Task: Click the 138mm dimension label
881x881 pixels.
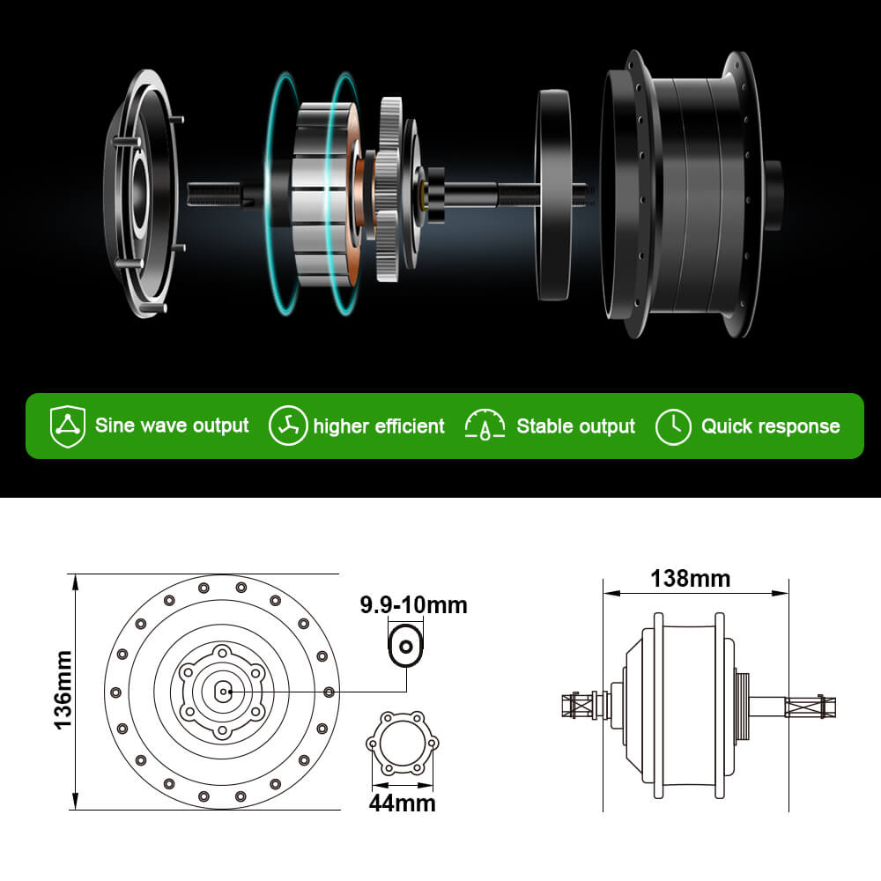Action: click(x=690, y=579)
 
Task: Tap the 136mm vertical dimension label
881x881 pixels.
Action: click(x=62, y=690)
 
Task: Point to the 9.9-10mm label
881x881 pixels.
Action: click(x=413, y=605)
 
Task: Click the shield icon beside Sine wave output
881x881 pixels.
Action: click(x=67, y=426)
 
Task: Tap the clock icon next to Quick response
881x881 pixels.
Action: click(x=673, y=426)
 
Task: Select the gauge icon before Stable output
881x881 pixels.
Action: click(x=485, y=426)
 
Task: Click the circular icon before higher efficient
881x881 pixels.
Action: click(x=288, y=426)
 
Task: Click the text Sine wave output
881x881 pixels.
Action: click(x=172, y=426)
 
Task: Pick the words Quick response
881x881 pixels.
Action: click(x=770, y=426)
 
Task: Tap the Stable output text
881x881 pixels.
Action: click(x=575, y=426)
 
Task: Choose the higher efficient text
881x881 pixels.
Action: click(x=379, y=426)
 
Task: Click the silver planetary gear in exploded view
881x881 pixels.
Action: click(x=390, y=189)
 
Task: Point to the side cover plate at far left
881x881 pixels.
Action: click(x=141, y=194)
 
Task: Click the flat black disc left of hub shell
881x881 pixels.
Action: click(x=552, y=194)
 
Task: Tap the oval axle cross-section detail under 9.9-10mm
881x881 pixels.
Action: click(x=406, y=647)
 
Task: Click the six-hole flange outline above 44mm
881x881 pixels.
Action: click(x=402, y=745)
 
